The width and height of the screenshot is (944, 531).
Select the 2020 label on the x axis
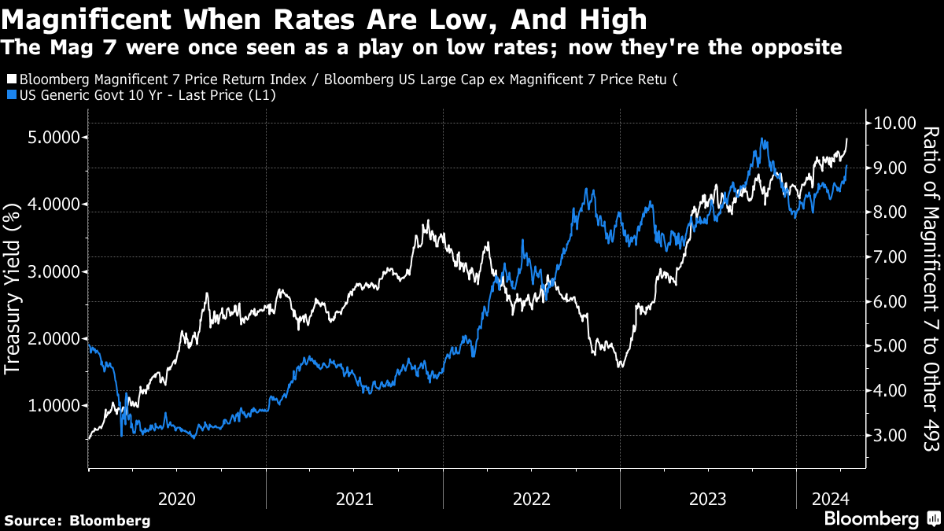[177, 498]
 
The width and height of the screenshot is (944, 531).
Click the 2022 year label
[532, 498]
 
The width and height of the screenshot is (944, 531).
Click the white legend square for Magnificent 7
[10, 79]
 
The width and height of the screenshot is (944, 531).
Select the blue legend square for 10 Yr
[10, 95]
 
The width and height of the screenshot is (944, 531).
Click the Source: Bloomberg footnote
[77, 520]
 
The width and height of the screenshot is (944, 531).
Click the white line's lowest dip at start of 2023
[621, 367]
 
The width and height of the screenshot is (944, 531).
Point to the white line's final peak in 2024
[847, 138]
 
